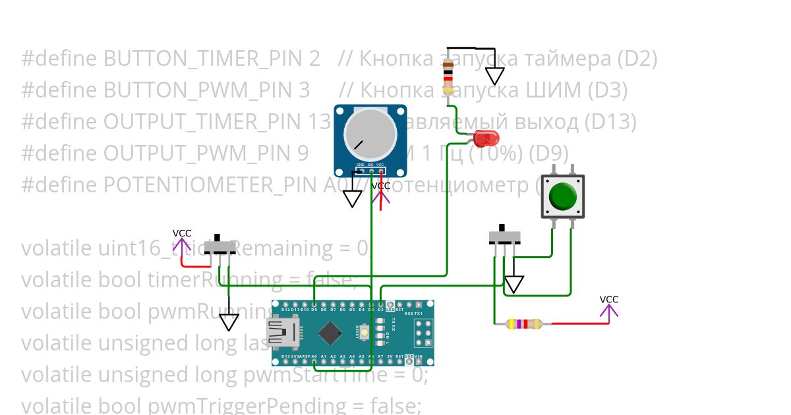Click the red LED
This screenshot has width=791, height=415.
pos(485,138)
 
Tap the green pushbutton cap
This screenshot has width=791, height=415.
pos(563,196)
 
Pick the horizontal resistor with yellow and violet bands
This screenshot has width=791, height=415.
pos(523,323)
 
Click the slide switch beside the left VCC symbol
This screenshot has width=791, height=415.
pos(220,246)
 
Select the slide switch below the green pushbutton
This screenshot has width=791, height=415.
pos(504,236)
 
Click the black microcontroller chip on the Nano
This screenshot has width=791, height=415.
pos(329,333)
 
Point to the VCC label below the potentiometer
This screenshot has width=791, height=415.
pos(381,186)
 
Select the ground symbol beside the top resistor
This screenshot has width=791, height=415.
pos(494,75)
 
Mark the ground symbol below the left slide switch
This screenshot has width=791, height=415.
pos(229,322)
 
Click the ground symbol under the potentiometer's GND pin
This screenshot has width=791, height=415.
pos(353,198)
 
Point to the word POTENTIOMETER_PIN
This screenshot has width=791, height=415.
pos(211,185)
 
